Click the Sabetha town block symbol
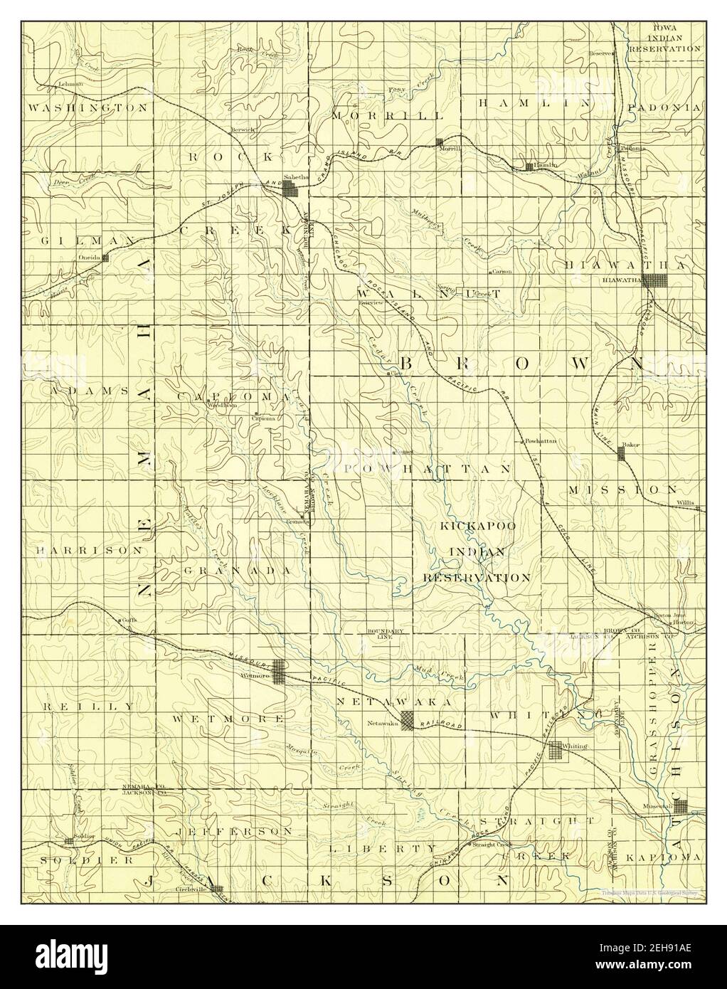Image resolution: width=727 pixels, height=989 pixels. (x=290, y=189)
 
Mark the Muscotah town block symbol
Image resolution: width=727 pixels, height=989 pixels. (x=681, y=806)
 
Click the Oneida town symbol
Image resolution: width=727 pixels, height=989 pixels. (x=105, y=258)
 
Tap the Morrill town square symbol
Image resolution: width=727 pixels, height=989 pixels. (x=440, y=142)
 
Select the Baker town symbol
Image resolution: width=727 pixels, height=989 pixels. (x=622, y=453)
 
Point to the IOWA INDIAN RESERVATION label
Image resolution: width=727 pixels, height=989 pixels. (x=665, y=38)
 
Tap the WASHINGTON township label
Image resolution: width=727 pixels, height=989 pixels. (x=87, y=107)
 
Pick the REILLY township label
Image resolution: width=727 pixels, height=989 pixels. (x=87, y=707)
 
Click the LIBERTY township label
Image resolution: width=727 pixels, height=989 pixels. (x=383, y=848)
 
